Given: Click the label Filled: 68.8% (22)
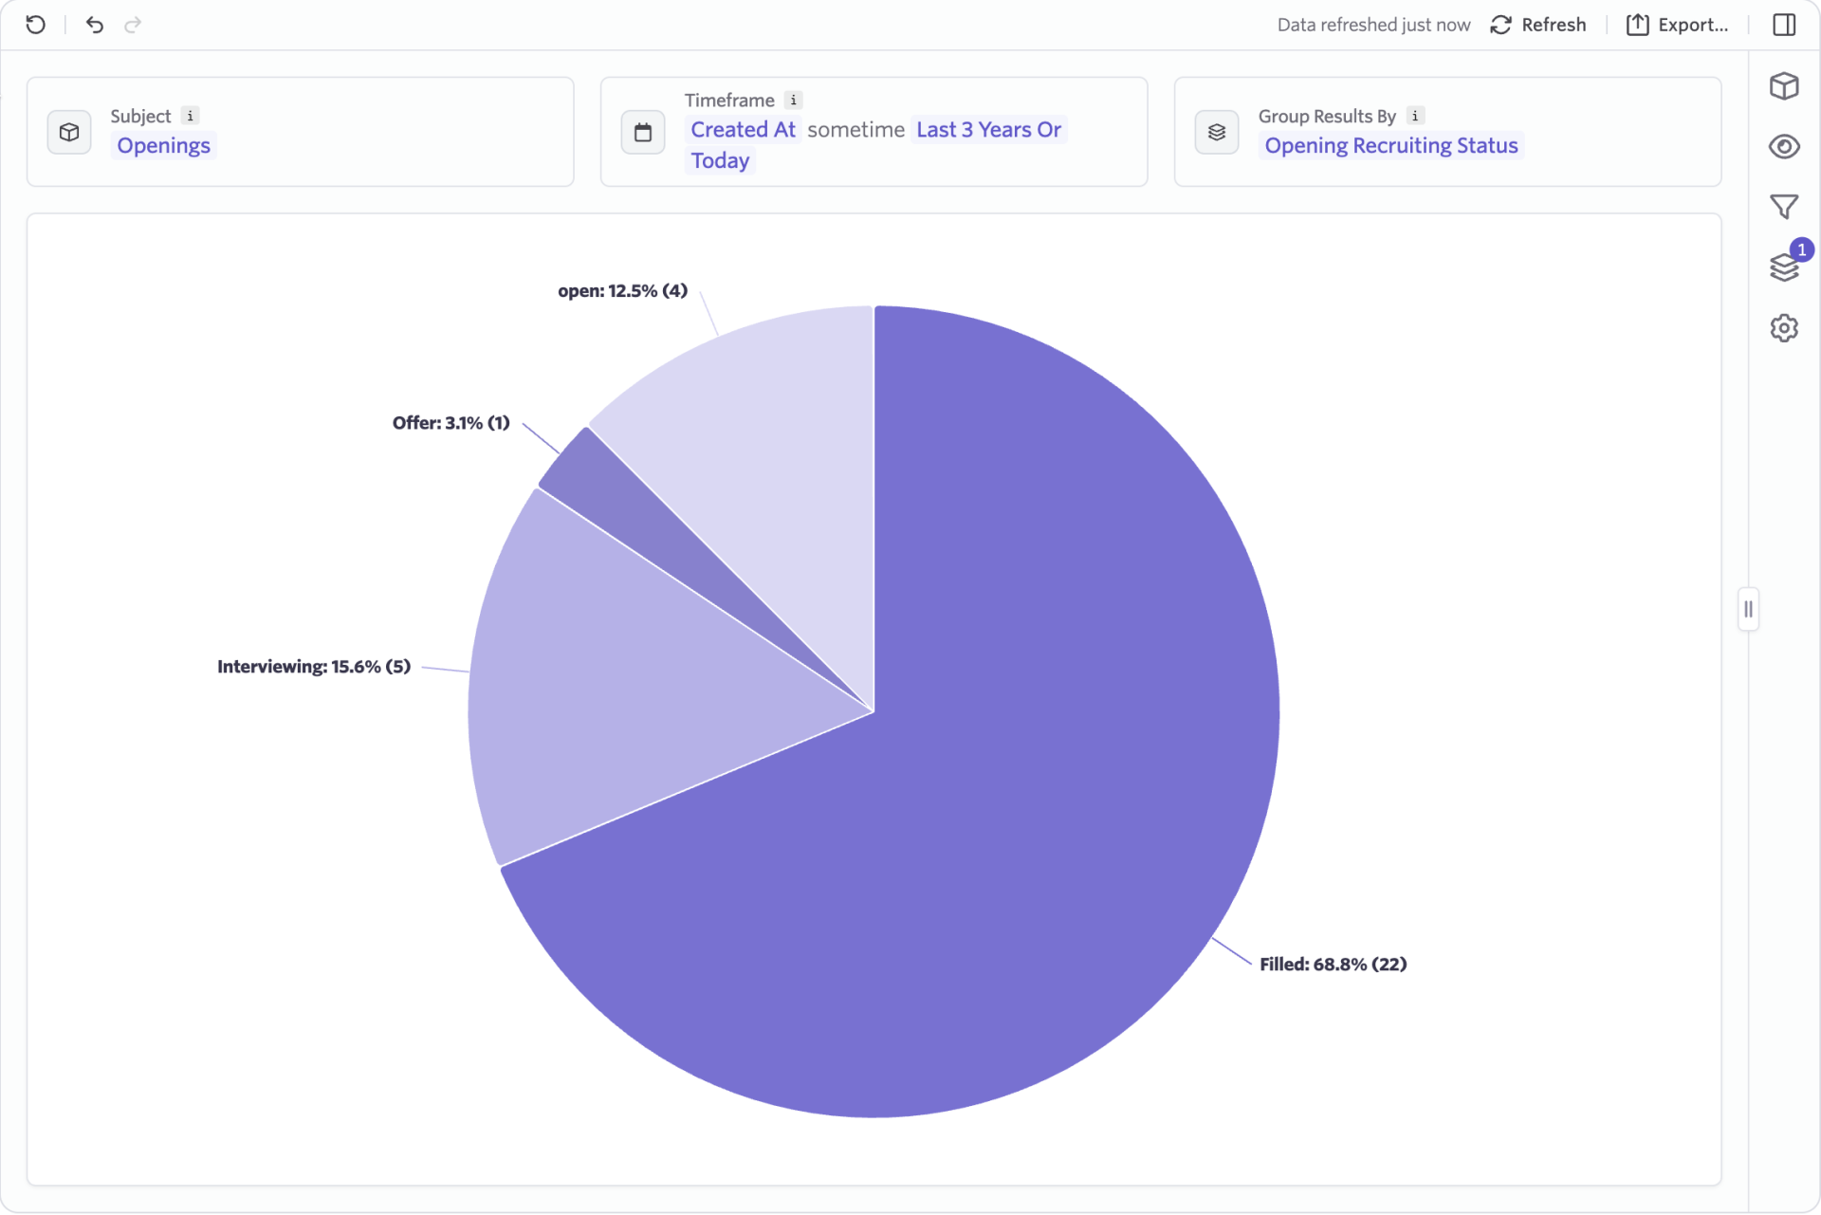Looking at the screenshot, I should (x=1333, y=965).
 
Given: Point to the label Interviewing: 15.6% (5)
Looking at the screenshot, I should (x=314, y=667).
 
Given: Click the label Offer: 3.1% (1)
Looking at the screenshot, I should (x=451, y=423).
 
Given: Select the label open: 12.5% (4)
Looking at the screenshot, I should (x=622, y=291).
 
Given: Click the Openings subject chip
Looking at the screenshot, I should (x=163, y=146).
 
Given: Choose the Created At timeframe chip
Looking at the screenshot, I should (x=743, y=130).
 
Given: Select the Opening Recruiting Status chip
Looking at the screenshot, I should (x=1390, y=146).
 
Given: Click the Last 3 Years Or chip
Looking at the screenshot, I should (x=988, y=130).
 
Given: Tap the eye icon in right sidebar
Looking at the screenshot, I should (x=1784, y=147).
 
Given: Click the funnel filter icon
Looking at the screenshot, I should (x=1784, y=207).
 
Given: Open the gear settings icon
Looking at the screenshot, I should (x=1784, y=328).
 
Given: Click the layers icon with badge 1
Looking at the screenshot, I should (x=1784, y=267).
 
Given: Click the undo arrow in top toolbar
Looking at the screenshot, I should (x=94, y=25).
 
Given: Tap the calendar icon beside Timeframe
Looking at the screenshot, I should (x=643, y=132).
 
